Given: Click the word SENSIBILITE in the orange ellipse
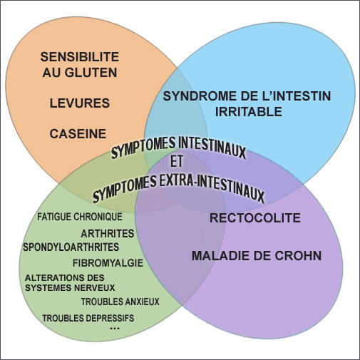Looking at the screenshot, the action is (80, 57).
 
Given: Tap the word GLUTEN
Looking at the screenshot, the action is (91, 72).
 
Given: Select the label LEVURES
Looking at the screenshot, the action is (80, 103).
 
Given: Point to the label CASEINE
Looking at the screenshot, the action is (78, 133).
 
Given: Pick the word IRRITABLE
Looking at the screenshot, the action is (249, 112).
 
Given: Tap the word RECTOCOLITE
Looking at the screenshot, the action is (255, 218).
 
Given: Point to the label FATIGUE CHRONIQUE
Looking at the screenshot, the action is (80, 217).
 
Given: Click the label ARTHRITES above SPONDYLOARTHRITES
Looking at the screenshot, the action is (108, 234).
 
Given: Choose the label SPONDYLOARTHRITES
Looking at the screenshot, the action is (71, 247).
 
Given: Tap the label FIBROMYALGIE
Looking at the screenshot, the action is (108, 263).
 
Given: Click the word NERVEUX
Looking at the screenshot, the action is (95, 288).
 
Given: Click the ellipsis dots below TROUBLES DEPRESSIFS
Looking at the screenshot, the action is (115, 329).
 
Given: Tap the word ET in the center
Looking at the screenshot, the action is (177, 161).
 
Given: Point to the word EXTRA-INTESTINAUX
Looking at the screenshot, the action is (212, 187).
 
